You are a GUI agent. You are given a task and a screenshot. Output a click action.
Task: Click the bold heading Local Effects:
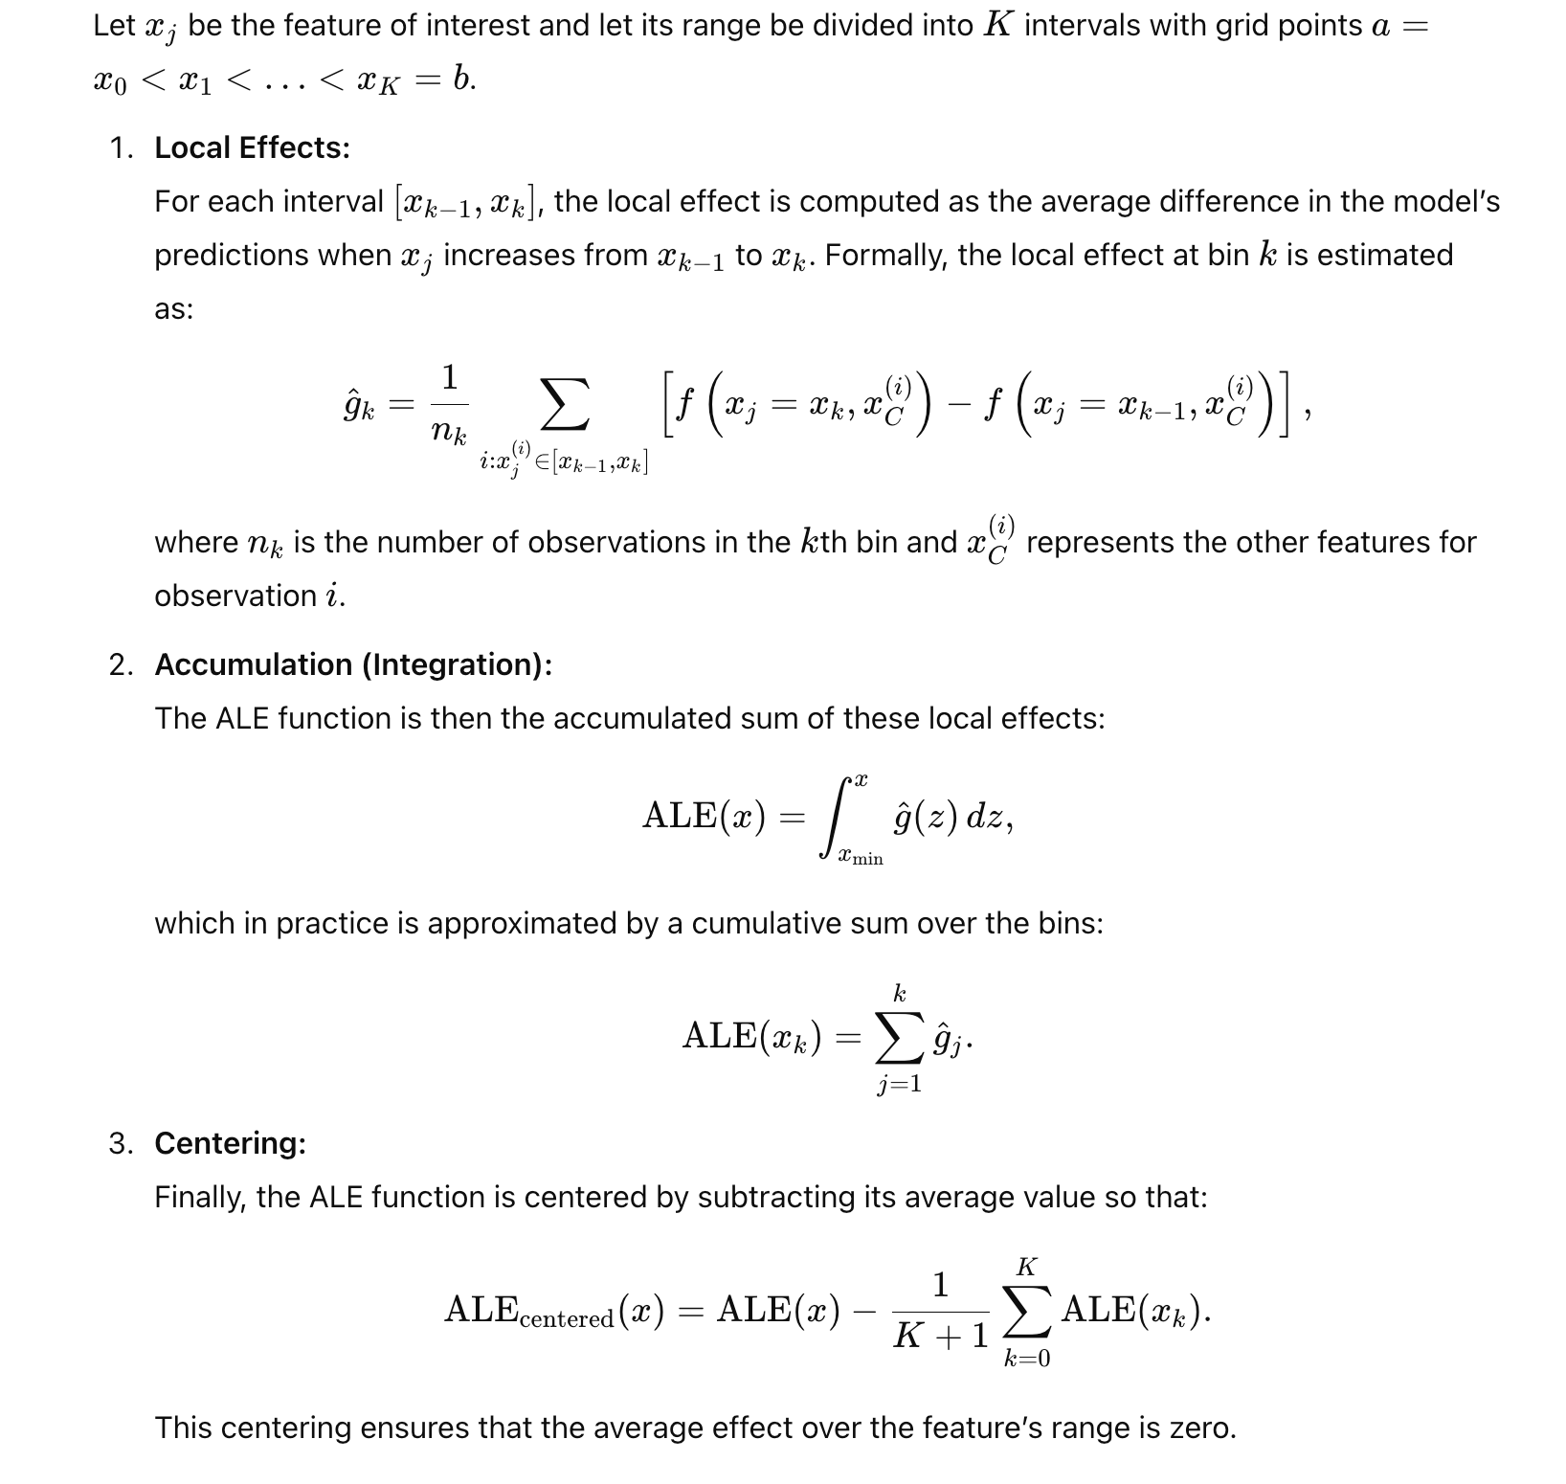252,148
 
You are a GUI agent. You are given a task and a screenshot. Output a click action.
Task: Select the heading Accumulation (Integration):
353,664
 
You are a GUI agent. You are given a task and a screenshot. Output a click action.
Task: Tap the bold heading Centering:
230,1143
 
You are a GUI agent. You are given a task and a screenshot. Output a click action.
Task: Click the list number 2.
120,664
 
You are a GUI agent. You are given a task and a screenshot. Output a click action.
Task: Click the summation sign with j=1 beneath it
900,1039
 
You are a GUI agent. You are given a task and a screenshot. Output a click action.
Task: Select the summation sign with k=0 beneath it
1026,1311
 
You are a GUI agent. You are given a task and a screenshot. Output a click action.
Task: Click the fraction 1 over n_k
449,405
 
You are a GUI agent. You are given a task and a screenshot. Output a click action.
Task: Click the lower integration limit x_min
861,858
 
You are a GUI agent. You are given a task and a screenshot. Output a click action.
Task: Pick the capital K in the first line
997,26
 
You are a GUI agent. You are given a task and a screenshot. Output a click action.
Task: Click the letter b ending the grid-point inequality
462,79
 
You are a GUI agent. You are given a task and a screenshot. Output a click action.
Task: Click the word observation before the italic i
235,596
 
